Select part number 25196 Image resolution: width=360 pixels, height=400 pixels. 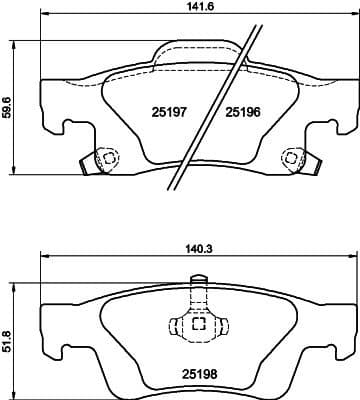coord(243,111)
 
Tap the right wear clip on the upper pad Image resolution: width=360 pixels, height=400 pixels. coord(292,157)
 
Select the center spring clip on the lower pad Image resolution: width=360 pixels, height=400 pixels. coord(197,325)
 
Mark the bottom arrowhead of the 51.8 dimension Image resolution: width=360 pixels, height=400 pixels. coord(12,392)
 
